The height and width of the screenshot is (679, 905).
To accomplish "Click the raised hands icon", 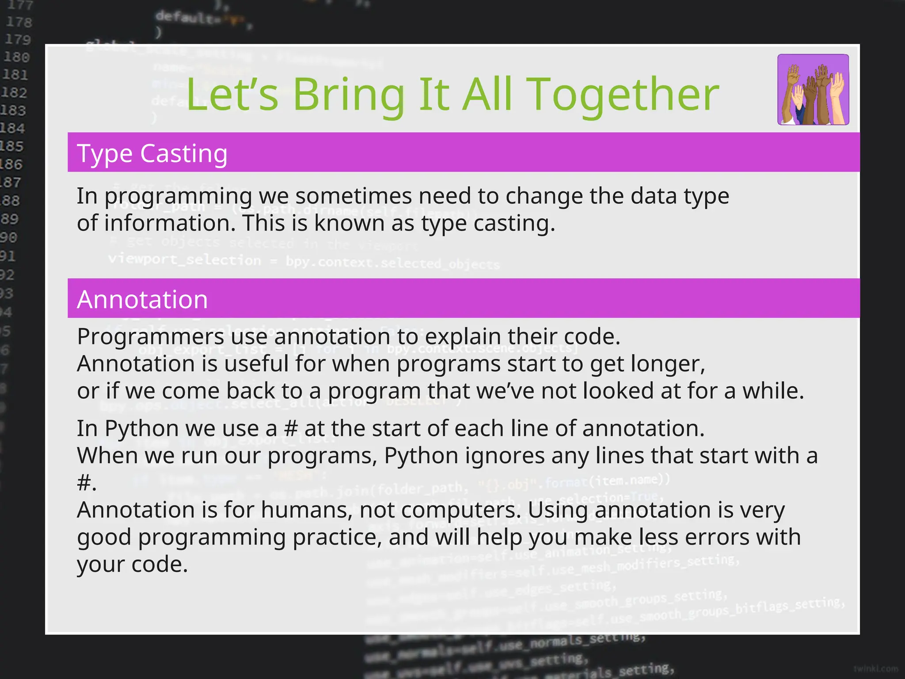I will pos(813,90).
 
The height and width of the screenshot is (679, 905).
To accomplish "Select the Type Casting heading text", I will pos(152,153).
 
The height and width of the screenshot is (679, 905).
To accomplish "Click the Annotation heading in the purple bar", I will pos(142,299).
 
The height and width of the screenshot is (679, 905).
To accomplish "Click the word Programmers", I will pos(151,337).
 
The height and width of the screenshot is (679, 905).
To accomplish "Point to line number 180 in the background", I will pos(16,57).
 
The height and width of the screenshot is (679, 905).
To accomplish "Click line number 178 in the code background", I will pos(19,22).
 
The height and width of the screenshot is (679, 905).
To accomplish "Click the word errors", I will pos(712,537).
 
